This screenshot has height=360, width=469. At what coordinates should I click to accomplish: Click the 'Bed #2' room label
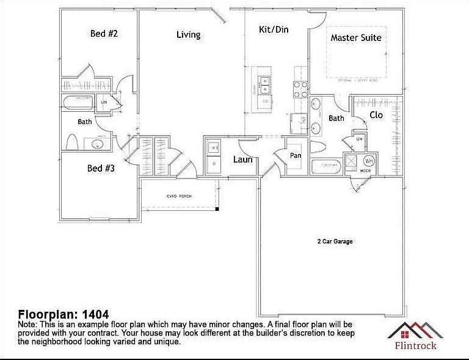click(x=104, y=34)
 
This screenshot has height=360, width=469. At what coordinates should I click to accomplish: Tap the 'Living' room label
click(x=188, y=35)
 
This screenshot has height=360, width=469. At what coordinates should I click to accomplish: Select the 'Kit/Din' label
click(x=274, y=29)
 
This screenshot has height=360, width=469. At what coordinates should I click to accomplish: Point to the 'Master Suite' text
click(x=356, y=38)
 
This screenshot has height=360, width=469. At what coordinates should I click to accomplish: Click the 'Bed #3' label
click(x=101, y=167)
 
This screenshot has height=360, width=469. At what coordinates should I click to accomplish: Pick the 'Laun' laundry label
click(x=242, y=160)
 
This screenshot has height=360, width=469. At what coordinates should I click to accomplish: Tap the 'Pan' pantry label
click(x=296, y=155)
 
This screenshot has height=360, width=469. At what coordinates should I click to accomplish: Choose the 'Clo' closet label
click(x=376, y=115)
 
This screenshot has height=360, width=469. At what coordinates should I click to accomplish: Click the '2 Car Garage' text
click(x=335, y=241)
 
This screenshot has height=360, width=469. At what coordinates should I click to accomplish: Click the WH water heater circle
click(x=369, y=161)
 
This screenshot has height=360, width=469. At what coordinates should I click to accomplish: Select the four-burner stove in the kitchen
click(x=300, y=89)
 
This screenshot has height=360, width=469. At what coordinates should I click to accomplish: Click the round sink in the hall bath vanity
click(x=96, y=145)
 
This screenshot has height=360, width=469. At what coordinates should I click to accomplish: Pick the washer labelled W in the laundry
click(x=214, y=148)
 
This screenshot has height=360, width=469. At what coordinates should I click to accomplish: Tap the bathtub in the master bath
click(x=328, y=166)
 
